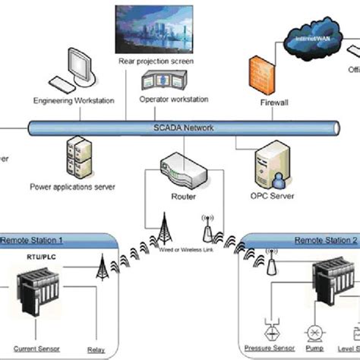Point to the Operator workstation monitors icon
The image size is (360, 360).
tap(167, 82)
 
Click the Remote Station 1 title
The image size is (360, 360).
tap(33, 239)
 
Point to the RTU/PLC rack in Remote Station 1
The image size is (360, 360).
tap(43, 291)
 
